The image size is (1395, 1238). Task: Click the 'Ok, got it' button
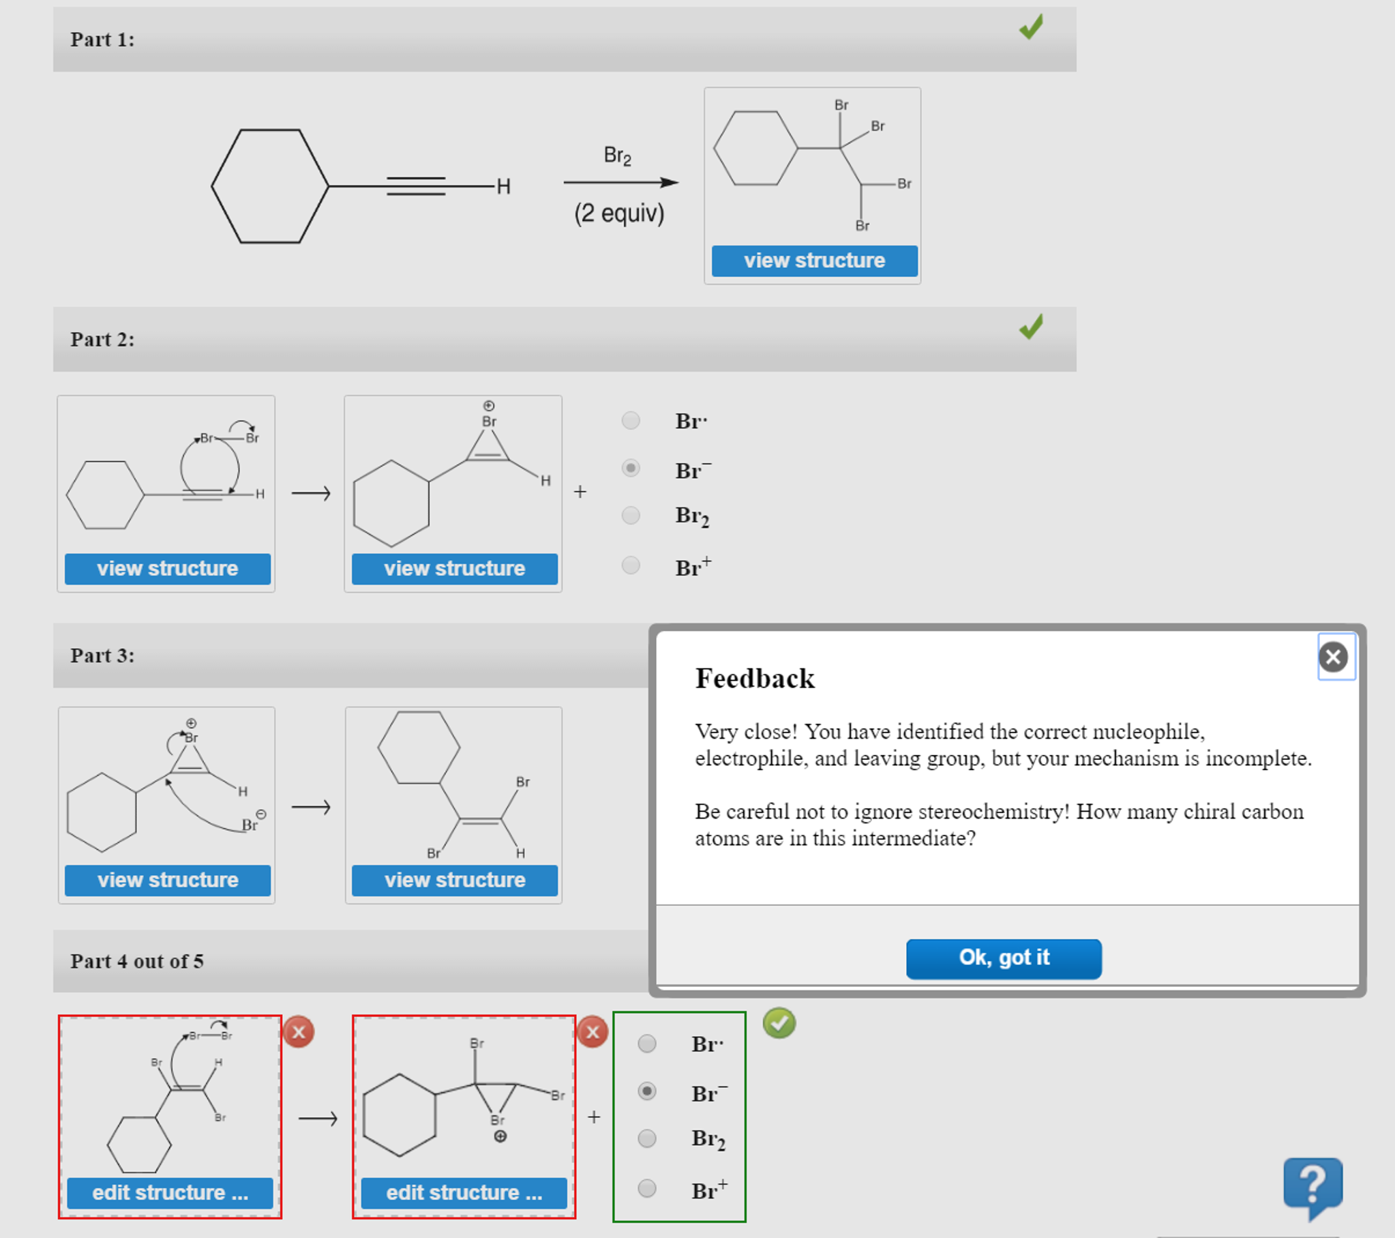click(1003, 958)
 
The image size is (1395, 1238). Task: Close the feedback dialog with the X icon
click(1333, 657)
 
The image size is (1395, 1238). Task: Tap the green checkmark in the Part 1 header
click(1030, 27)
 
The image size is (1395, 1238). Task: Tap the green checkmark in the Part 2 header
click(1030, 327)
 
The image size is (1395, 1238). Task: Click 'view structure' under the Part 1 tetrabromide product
click(813, 261)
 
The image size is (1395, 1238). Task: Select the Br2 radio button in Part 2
click(631, 515)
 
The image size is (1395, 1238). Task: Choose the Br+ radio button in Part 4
click(646, 1188)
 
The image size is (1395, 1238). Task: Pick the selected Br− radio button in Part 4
click(646, 1091)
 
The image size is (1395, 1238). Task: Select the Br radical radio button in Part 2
click(631, 420)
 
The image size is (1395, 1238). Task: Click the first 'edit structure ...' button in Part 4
click(170, 1193)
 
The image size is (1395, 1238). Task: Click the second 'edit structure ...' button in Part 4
click(464, 1193)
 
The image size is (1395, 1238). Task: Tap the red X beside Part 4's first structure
click(298, 1032)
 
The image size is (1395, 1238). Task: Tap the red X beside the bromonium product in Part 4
click(592, 1032)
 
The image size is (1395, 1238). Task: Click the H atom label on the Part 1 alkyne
click(504, 186)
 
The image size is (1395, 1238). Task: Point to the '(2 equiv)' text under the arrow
click(618, 213)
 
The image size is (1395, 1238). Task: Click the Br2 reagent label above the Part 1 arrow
click(617, 156)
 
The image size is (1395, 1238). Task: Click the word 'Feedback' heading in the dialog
click(754, 679)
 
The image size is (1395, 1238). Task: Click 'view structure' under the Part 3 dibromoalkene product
click(455, 880)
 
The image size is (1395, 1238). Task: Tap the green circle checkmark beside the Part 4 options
click(779, 1023)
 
